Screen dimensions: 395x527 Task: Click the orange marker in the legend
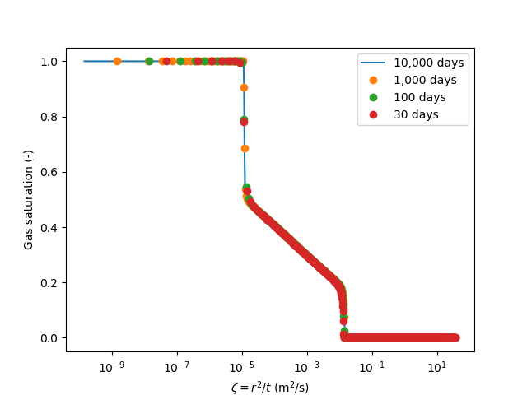click(x=375, y=80)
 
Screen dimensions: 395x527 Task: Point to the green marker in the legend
click(x=375, y=97)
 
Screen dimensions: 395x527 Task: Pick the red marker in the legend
click(x=375, y=114)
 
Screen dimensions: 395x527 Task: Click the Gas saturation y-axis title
click(x=28, y=200)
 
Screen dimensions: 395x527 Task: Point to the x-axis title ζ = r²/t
click(x=270, y=387)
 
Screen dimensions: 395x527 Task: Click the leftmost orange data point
click(x=117, y=61)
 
